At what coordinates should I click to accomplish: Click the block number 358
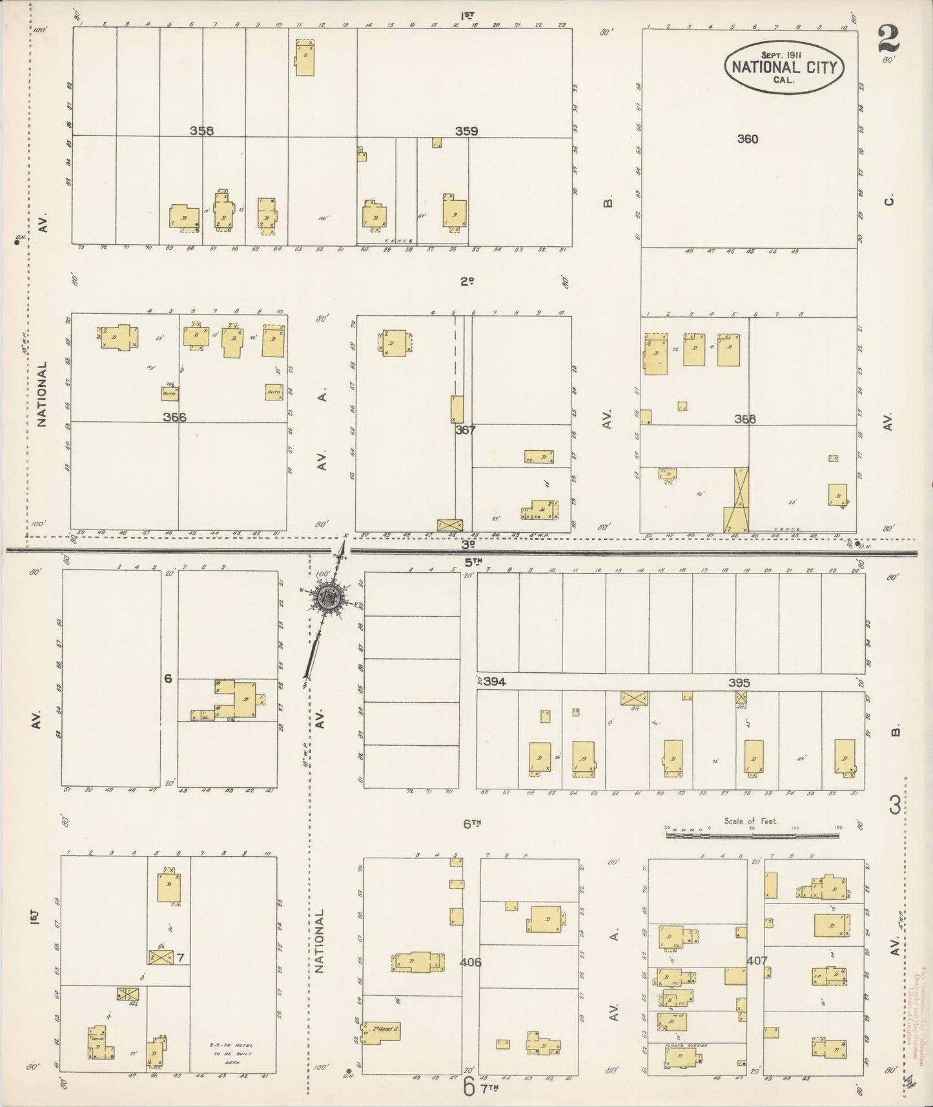pos(201,131)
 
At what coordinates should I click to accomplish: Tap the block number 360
pos(748,139)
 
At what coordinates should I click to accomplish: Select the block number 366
pos(174,417)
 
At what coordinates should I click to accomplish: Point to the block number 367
pos(465,429)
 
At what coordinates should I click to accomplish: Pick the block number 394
pos(495,682)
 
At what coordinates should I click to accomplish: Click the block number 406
pos(471,962)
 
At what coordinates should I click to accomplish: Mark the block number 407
pos(757,960)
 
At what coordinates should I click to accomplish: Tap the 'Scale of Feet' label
pos(751,822)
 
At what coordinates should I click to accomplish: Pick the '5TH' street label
pos(473,561)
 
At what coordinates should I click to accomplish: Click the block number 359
pos(466,131)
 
